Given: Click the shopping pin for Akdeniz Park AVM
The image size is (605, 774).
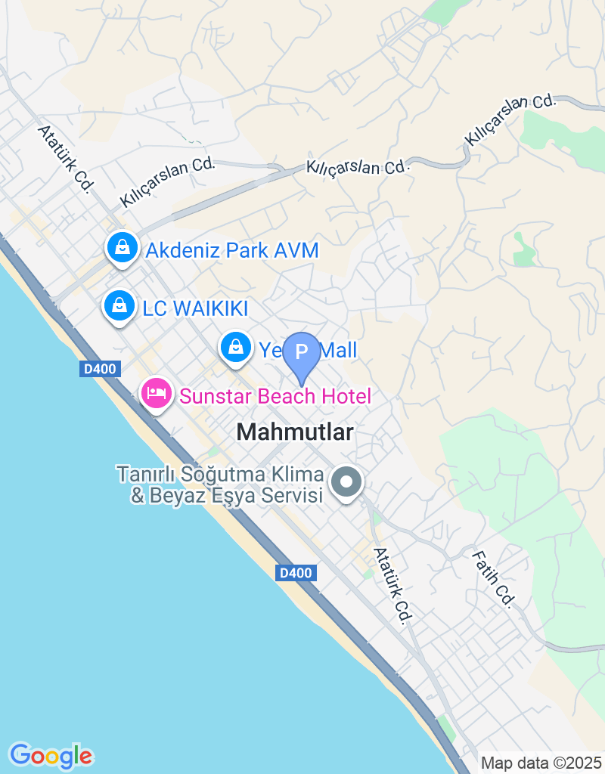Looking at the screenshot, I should tap(121, 247).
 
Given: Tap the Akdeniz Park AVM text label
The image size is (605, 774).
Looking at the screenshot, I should tap(232, 250).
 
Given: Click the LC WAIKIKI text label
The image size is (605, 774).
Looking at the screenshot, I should tap(195, 308).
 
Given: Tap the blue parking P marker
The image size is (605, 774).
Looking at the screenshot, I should tap(302, 353).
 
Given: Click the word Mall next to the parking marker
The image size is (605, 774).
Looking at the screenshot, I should tap(337, 350).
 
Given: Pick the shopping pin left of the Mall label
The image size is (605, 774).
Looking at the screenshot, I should tap(236, 348).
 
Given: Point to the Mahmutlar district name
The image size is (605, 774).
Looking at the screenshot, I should tap(295, 432).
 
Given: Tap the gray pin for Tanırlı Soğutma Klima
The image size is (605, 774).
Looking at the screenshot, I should tap(347, 481).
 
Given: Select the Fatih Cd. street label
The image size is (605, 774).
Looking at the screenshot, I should tap(493, 579).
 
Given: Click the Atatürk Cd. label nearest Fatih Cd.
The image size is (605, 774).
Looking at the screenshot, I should tap(392, 586).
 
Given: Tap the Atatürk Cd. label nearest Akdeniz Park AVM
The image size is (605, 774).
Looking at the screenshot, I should tap(64, 158).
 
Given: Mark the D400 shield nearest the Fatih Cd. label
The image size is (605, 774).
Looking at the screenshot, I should tap(295, 573).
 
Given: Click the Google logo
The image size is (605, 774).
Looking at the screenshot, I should tap(51, 755).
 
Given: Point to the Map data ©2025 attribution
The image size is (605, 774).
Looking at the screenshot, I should tap(541, 763).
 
